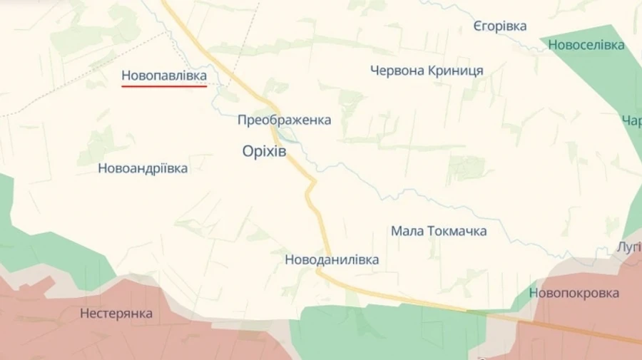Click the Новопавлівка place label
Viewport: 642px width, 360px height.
[x=164, y=75]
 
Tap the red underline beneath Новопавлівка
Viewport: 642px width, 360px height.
[x=164, y=86]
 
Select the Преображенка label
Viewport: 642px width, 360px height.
[x=284, y=120]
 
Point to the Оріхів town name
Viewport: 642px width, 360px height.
[x=264, y=151]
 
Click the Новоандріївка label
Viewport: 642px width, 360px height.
[x=143, y=168]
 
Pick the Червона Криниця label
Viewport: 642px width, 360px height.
[x=427, y=71]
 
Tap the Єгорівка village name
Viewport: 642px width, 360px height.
[x=499, y=26]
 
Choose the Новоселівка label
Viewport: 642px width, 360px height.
[x=586, y=45]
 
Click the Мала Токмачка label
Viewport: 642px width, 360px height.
[x=439, y=231]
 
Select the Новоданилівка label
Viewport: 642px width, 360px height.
[x=332, y=259]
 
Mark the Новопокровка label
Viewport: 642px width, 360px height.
[x=574, y=293]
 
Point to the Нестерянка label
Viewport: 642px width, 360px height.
[x=116, y=313]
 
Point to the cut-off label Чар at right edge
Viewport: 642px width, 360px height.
[x=632, y=120]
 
